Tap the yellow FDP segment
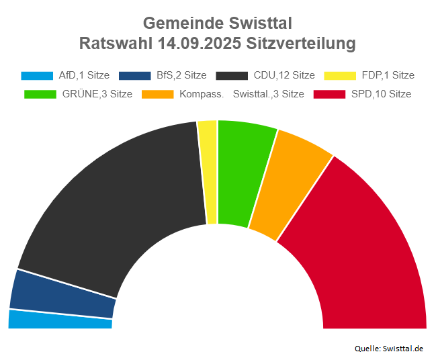coord(208,172)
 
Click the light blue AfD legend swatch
coord(38,76)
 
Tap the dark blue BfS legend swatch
coord(134,76)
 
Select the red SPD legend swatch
coord(330,94)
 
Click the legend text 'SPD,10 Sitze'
coord(381,94)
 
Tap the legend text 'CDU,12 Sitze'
coord(284,76)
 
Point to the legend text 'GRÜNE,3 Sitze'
coord(97,94)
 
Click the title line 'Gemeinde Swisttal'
coord(218,24)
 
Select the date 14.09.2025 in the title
coord(200,44)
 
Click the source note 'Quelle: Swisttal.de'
coord(389,348)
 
